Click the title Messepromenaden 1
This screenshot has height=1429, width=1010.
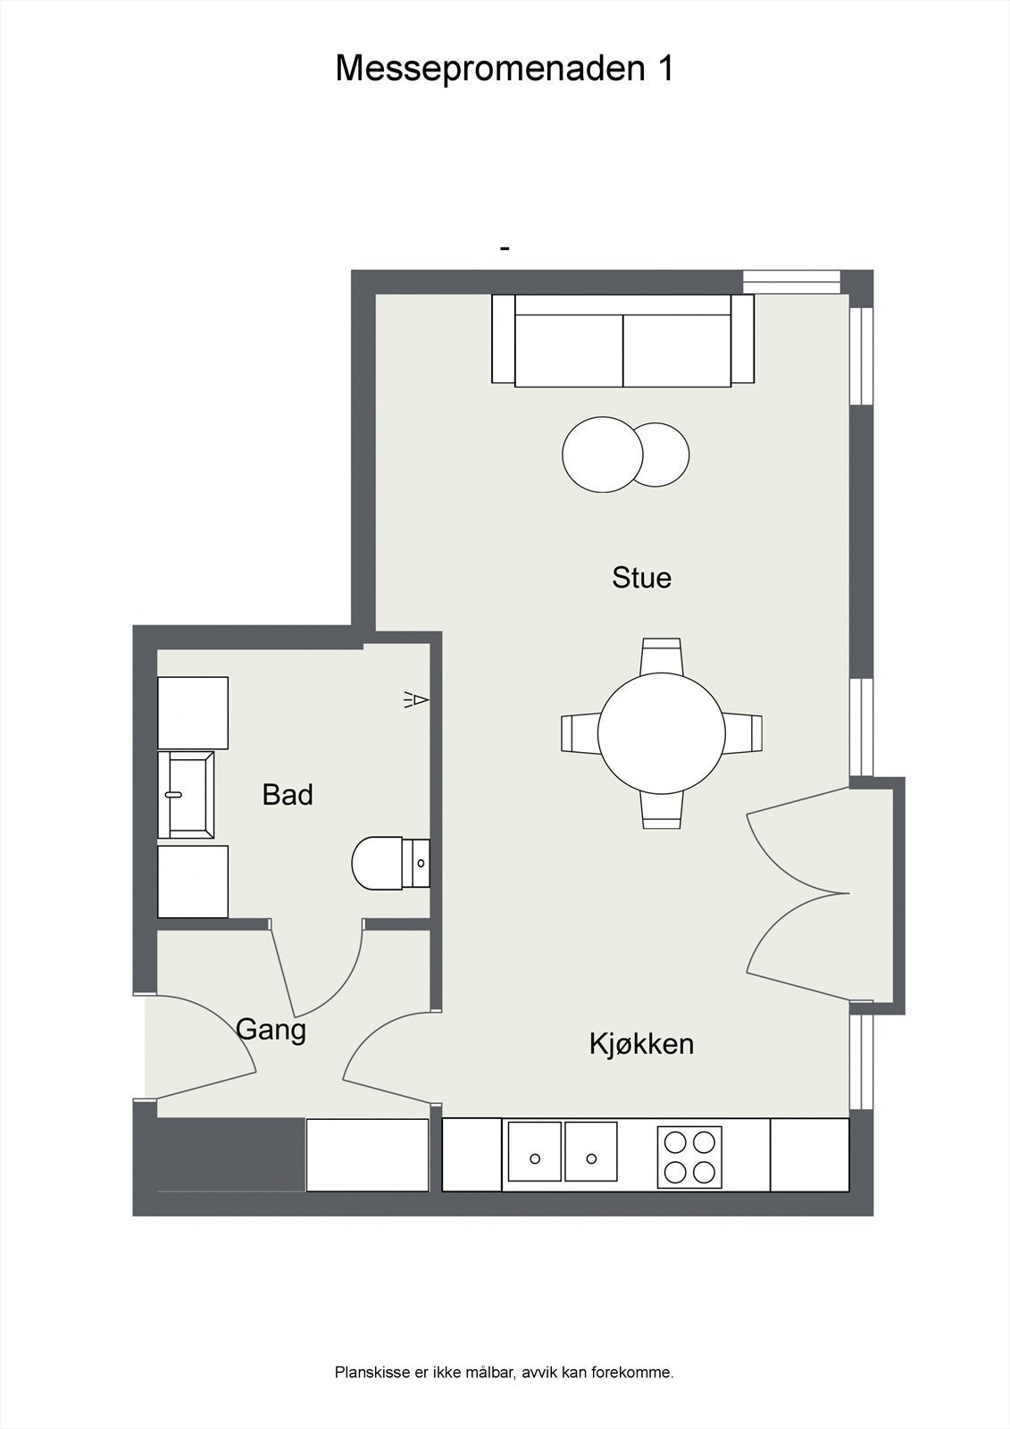click(x=504, y=69)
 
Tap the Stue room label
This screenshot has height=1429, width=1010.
click(x=641, y=578)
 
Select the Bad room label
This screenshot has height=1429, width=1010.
click(x=288, y=795)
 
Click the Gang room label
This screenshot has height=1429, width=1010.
click(x=271, y=1030)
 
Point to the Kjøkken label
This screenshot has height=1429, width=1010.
click(x=641, y=1043)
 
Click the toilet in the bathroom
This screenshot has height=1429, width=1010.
click(x=378, y=864)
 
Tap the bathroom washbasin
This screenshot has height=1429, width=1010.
click(x=186, y=794)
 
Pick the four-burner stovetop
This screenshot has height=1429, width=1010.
click(x=689, y=1157)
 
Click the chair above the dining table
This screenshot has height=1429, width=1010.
click(x=662, y=656)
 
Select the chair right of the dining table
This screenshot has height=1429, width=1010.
click(x=743, y=733)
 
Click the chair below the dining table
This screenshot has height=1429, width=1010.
click(x=662, y=810)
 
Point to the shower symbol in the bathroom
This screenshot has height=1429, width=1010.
click(x=416, y=699)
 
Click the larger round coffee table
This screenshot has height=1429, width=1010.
click(x=602, y=455)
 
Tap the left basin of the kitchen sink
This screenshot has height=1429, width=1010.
click(x=535, y=1151)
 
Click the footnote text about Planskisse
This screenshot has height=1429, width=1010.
click(x=504, y=1373)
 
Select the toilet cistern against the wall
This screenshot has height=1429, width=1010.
click(x=416, y=864)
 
